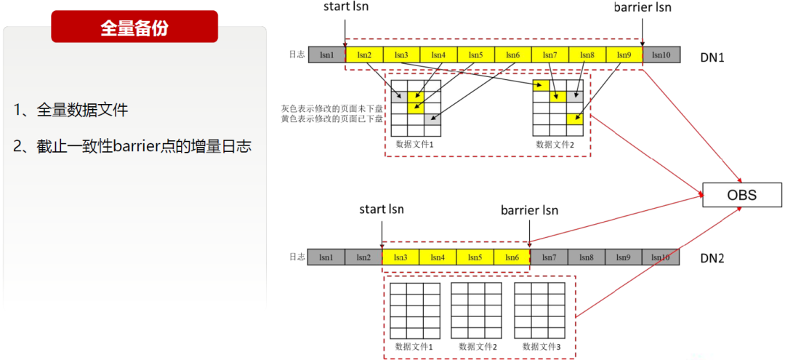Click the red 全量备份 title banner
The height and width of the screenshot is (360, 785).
134,27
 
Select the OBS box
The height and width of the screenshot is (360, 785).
741,195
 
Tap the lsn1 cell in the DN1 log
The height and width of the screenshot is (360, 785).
326,55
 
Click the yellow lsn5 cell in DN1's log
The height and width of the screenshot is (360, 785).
475,55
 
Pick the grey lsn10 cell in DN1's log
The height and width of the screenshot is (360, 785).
661,55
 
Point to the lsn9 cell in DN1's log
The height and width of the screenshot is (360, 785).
624,55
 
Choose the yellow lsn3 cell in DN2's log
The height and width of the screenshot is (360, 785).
400,257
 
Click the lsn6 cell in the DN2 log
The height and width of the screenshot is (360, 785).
512,257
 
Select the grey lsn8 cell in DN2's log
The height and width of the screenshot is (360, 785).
587,257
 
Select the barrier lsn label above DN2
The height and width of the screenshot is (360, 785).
529,210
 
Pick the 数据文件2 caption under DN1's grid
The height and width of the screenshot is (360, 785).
555,144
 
